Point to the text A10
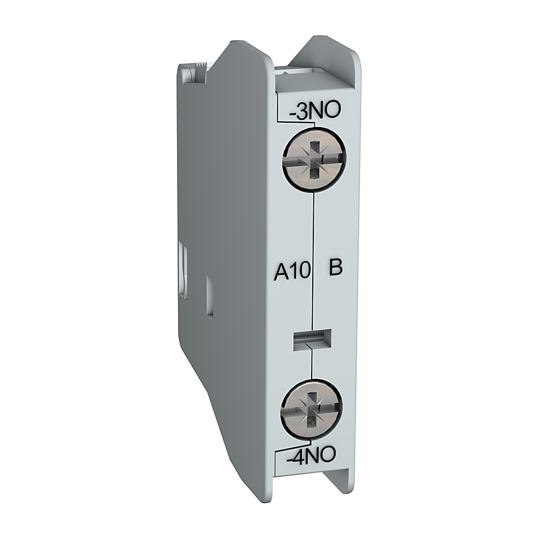point(291,269)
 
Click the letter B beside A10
point(336,269)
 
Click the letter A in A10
point(279,269)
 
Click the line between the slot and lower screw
point(312,367)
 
